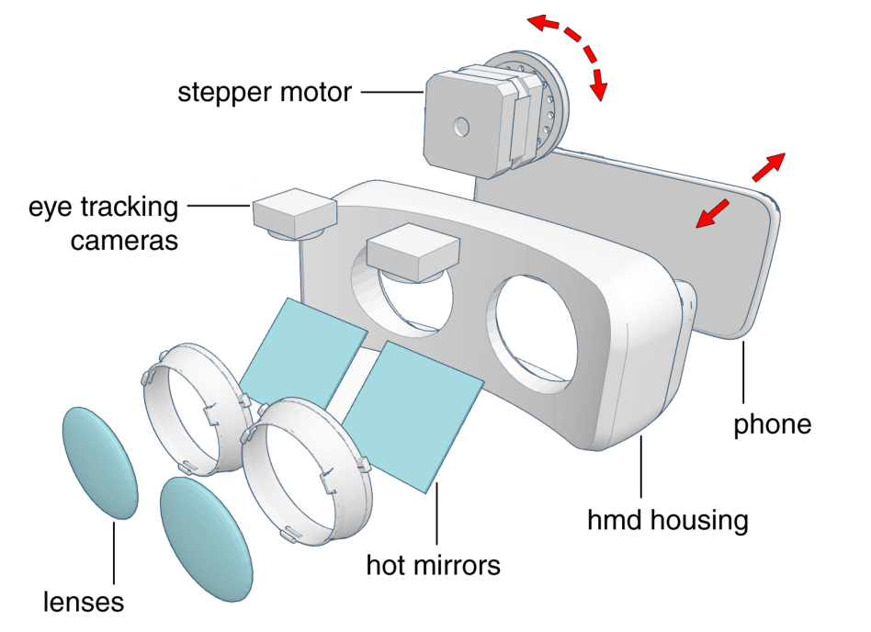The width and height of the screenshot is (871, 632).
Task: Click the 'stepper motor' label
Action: pos(265,92)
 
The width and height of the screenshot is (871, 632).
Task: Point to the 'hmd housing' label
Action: pos(667,521)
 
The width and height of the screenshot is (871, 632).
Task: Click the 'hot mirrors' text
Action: pos(434,564)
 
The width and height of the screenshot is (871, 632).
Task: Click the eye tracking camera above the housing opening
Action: pos(413,254)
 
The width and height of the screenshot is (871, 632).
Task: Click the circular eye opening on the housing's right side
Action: pos(543,329)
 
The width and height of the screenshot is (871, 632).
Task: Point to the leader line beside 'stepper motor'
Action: pos(391,92)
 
